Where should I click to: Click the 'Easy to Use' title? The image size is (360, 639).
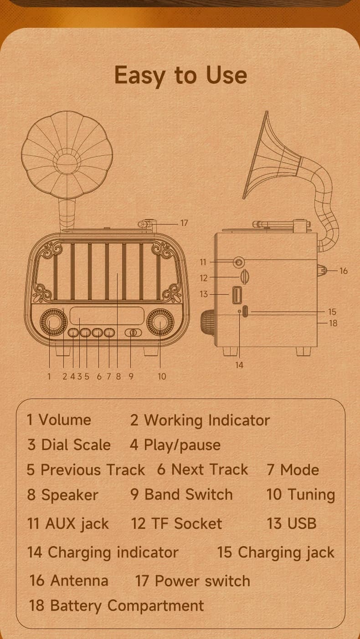180,76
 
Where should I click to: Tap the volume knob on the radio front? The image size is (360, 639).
53,322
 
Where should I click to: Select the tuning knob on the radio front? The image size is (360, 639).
160,322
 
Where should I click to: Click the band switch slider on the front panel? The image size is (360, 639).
133,332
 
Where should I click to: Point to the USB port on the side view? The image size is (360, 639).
237,295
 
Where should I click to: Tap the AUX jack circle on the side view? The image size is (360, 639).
238,262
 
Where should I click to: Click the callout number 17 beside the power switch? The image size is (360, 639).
184,223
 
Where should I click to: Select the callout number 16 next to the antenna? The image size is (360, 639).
344,271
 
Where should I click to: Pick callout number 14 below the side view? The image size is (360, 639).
239,365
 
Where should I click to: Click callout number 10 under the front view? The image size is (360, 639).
162,377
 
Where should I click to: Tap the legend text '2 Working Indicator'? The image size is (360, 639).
200,420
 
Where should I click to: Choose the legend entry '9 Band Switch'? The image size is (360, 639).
181,494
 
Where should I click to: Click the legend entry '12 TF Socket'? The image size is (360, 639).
176,523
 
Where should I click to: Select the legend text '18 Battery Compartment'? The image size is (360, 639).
117,605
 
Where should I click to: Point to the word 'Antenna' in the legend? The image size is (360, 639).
79,581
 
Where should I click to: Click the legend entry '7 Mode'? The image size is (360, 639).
293,470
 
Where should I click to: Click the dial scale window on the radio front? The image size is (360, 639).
107,316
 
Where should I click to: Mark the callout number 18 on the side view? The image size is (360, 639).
333,323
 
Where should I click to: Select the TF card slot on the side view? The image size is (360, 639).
245,276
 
